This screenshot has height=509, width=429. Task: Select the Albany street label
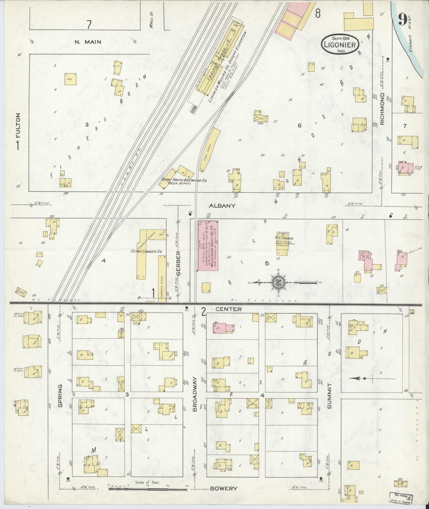(x=222, y=206)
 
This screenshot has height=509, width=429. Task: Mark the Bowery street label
(x=223, y=489)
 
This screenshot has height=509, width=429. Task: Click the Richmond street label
(x=382, y=109)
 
